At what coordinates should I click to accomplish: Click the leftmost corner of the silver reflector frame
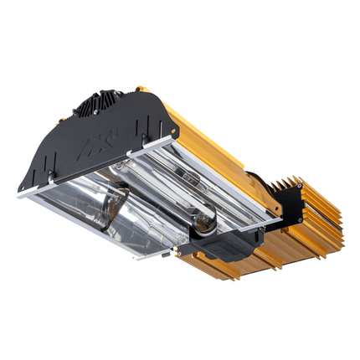click(x=20, y=193)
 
